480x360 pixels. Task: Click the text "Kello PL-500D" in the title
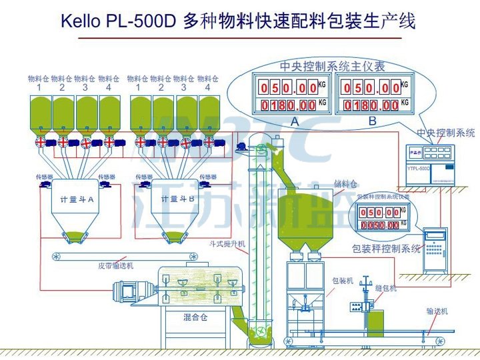coord(118,21)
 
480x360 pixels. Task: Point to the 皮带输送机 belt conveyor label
coord(117,265)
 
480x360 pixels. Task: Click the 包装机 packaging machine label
coord(342,281)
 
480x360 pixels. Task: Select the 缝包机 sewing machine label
coord(385,288)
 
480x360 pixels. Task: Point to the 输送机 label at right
coord(437,311)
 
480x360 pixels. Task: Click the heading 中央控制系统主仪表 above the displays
coord(331,66)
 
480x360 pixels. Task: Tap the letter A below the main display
coord(294,121)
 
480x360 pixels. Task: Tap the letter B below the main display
coord(372,121)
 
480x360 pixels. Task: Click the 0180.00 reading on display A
coord(289,105)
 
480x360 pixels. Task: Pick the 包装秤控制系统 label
coord(387,249)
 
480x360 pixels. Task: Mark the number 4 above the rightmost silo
coord(208,87)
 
